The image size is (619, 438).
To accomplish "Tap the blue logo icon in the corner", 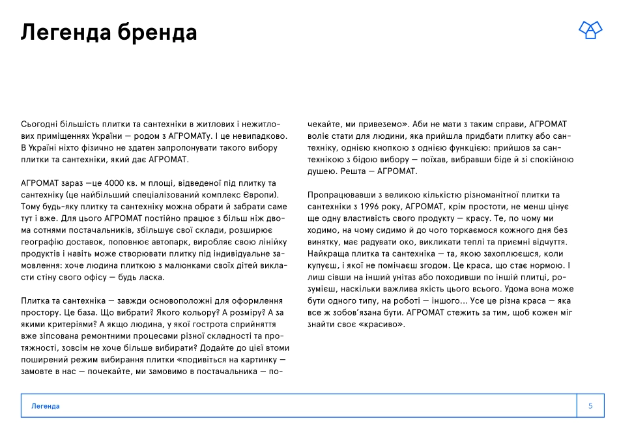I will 590,29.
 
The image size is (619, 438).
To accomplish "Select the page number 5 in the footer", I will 590,406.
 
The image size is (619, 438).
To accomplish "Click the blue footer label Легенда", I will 46,406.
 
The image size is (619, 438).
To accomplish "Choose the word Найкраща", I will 328,253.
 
